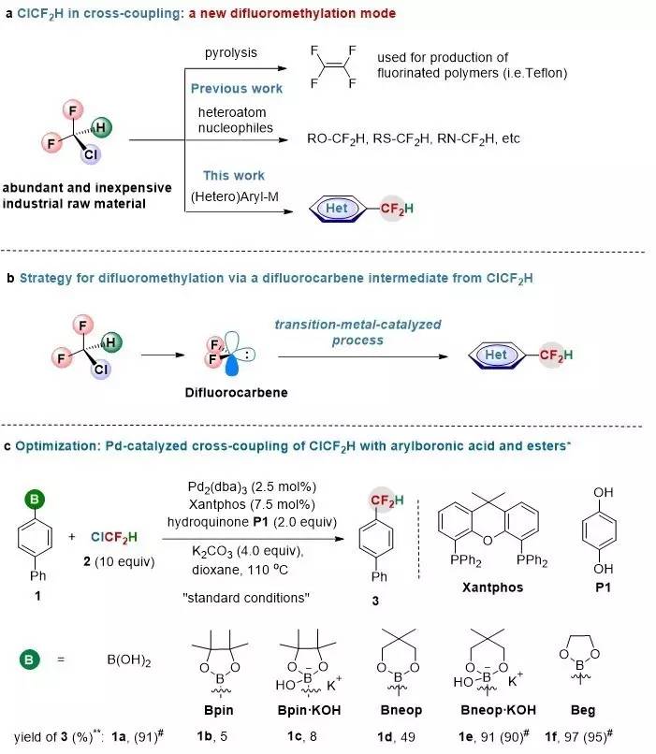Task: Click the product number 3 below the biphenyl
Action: (376, 604)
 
